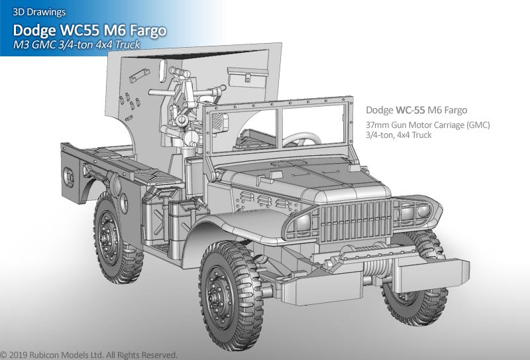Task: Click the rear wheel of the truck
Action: [x=115, y=237]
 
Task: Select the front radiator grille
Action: [x=356, y=220]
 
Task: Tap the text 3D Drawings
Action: [x=39, y=12]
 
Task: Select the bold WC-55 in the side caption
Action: [x=410, y=110]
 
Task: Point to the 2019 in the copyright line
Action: [x=19, y=355]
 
